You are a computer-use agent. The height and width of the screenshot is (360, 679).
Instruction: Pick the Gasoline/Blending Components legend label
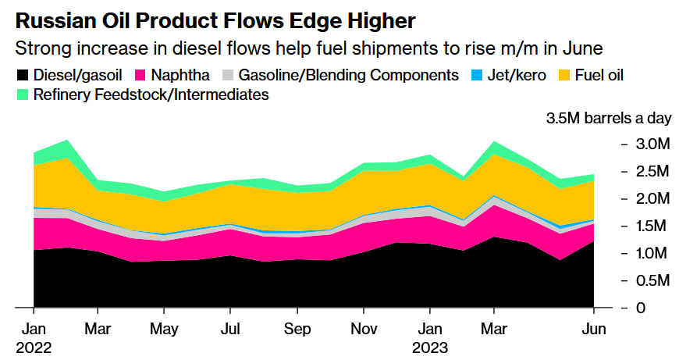[348, 76]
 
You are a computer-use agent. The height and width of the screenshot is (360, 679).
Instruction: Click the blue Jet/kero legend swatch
[475, 76]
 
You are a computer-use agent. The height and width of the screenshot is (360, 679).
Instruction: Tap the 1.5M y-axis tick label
[651, 226]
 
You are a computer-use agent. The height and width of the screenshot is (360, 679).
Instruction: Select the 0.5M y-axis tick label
[651, 280]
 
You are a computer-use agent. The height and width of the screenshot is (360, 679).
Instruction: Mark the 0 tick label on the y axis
[640, 308]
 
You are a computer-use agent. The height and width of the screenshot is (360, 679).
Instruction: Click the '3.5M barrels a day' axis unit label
[608, 119]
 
